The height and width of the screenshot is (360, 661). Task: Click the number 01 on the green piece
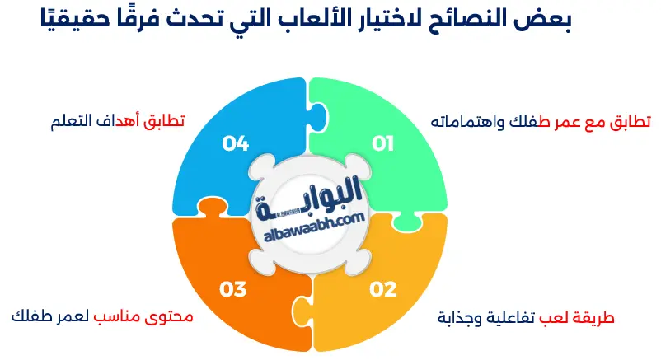383,144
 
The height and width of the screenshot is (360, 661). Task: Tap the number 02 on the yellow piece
383,289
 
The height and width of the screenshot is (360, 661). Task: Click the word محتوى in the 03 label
173,316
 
